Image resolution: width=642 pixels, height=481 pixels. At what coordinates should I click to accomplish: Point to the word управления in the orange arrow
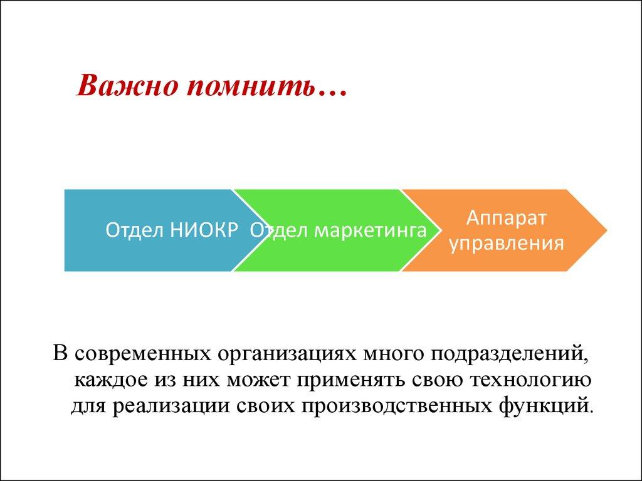coord(506,242)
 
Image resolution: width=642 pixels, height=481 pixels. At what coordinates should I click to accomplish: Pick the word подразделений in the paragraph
coord(508,355)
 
